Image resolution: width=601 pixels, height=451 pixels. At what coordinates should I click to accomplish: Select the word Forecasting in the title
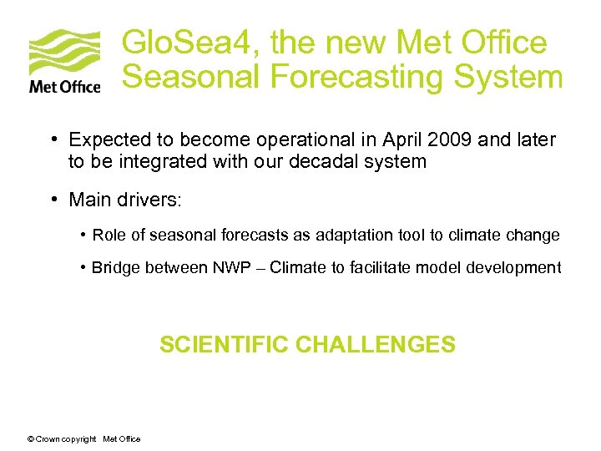pyautogui.click(x=357, y=78)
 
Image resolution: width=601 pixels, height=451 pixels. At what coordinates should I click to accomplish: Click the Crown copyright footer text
pyautogui.click(x=83, y=439)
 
